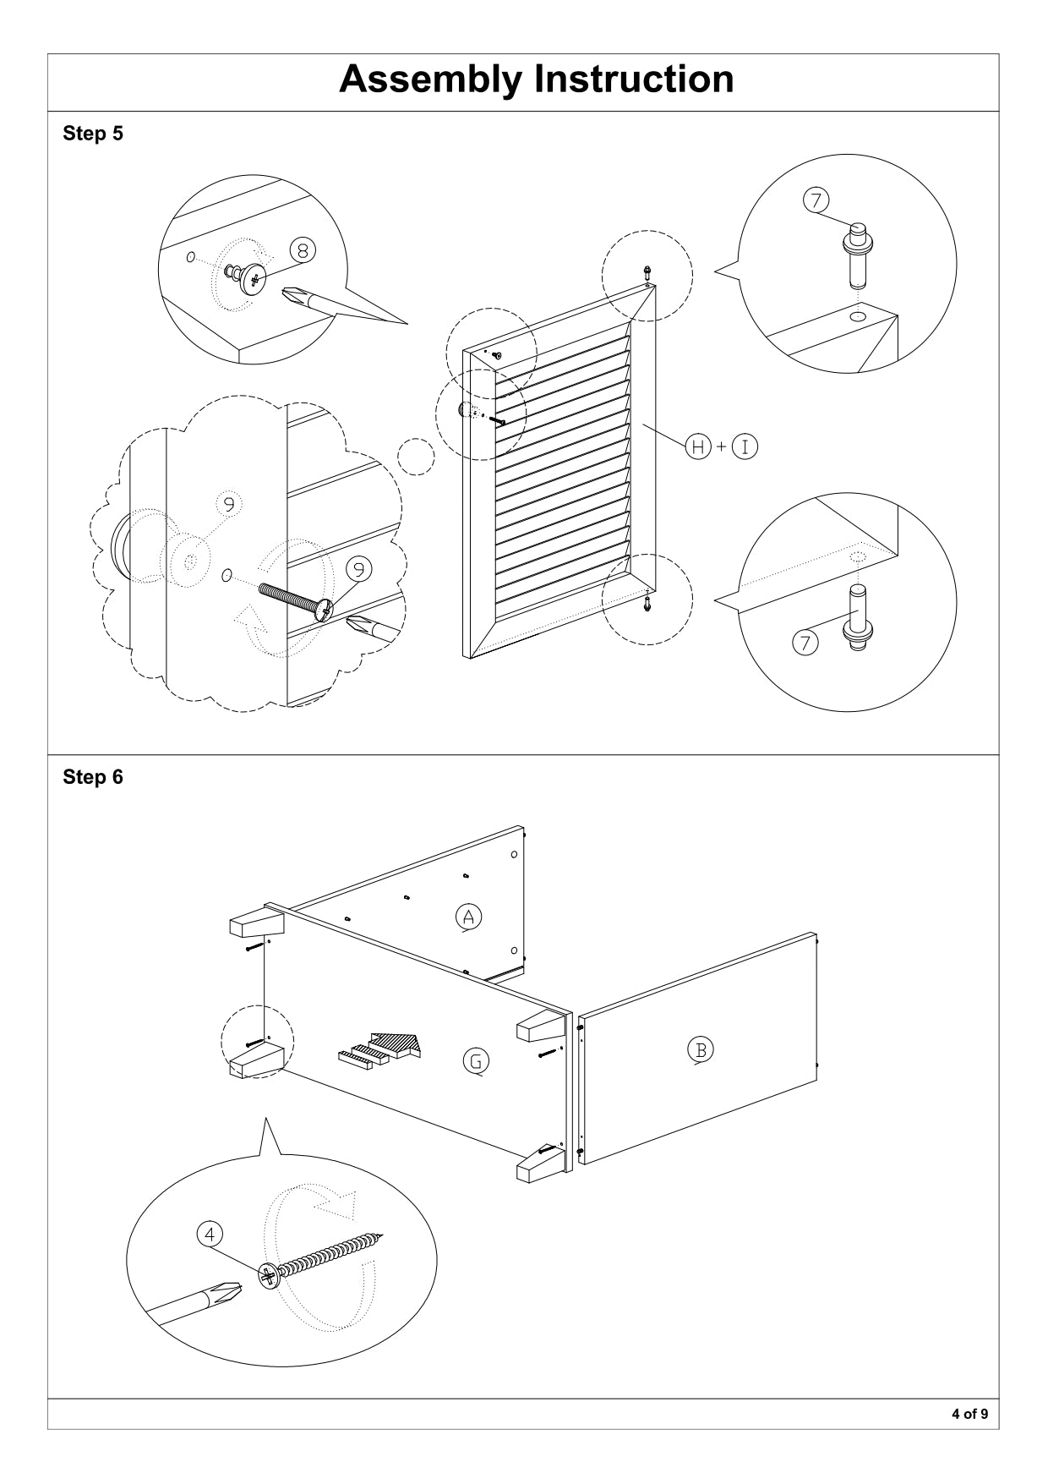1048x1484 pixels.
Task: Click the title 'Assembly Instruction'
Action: pyautogui.click(x=536, y=79)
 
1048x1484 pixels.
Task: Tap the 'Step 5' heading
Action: pyautogui.click(x=93, y=134)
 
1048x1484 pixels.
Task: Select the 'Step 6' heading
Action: pyautogui.click(x=93, y=777)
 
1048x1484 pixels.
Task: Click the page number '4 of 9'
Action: pyautogui.click(x=969, y=1414)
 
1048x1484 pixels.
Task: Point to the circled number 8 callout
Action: pyautogui.click(x=303, y=249)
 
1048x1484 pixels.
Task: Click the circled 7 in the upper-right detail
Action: pyautogui.click(x=816, y=200)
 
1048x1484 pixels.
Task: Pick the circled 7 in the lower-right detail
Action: pyautogui.click(x=805, y=643)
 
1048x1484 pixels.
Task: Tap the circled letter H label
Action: pyautogui.click(x=698, y=446)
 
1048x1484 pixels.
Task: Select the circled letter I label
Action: pyautogui.click(x=745, y=446)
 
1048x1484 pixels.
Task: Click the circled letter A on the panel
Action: pyautogui.click(x=468, y=916)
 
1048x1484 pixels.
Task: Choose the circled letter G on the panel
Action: pyautogui.click(x=477, y=1060)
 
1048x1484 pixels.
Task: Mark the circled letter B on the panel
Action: pyautogui.click(x=701, y=1050)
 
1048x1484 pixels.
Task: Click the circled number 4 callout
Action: pyautogui.click(x=210, y=1234)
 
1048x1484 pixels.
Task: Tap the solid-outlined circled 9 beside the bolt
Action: pyautogui.click(x=359, y=569)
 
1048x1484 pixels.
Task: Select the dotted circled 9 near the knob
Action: pyautogui.click(x=228, y=504)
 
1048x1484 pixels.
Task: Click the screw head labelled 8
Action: pyautogui.click(x=251, y=277)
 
